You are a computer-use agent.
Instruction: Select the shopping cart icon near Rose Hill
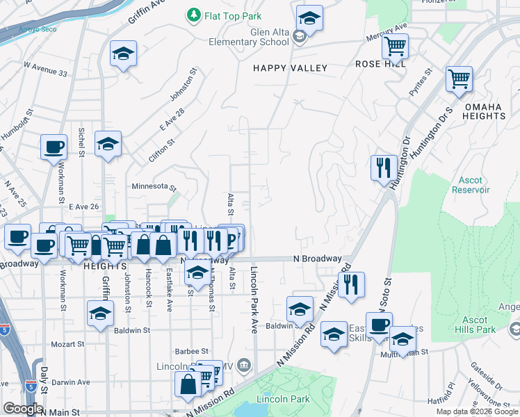395,47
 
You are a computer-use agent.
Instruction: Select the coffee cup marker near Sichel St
54,148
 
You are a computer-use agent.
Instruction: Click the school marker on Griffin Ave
108,145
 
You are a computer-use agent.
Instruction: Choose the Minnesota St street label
154,187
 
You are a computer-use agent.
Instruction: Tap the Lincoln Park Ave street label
254,300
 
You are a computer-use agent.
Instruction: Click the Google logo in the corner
23,409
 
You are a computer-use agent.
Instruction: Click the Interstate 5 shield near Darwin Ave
30,383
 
